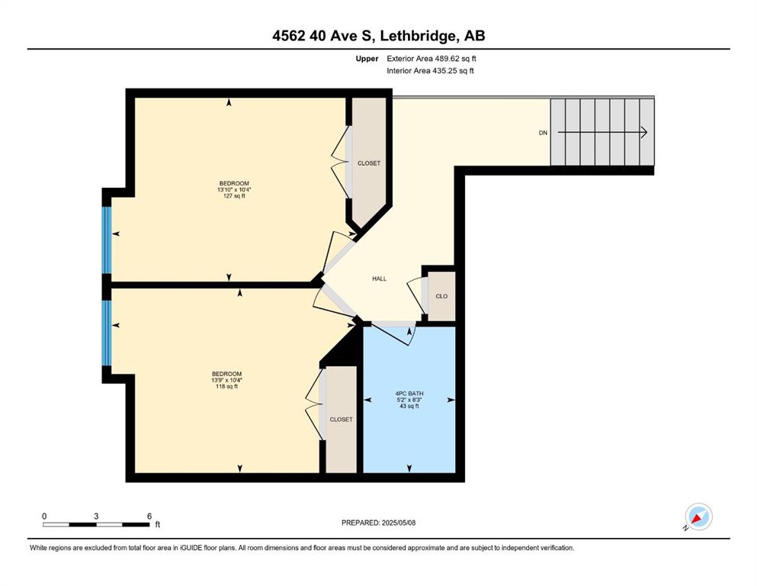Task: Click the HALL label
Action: [379, 279]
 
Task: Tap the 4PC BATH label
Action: [409, 394]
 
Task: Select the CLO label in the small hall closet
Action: [441, 296]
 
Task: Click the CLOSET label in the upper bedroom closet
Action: [369, 163]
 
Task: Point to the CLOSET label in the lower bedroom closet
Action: [341, 420]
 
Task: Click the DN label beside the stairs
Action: [543, 133]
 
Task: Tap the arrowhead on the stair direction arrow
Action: [644, 132]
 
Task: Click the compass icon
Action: [698, 517]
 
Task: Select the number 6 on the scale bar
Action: [149, 516]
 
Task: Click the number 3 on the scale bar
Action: [96, 516]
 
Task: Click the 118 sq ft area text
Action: [226, 387]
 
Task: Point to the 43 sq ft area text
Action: [409, 406]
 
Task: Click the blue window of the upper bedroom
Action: [107, 240]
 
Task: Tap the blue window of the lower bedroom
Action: [107, 333]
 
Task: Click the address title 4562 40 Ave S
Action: [326, 36]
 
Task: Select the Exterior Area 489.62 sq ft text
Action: [431, 59]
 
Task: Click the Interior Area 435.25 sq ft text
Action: [430, 70]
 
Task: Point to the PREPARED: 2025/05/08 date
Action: [378, 523]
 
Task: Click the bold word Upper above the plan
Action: [367, 59]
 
